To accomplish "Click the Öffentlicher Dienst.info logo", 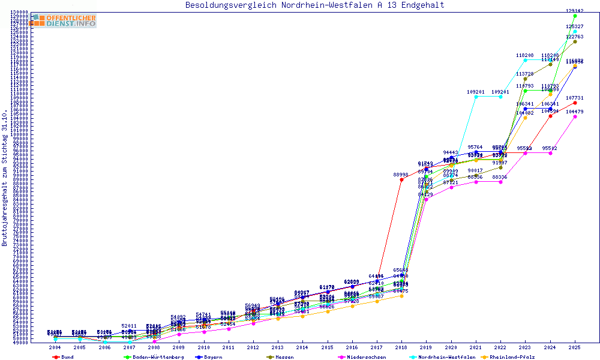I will (63, 21).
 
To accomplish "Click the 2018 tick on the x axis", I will (401, 347).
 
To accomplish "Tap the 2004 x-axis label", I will (55, 347).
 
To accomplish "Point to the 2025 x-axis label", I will (575, 347).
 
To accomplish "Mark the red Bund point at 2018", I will (401, 179).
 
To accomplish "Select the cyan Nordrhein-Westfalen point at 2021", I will (476, 97).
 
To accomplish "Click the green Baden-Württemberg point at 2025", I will (575, 16).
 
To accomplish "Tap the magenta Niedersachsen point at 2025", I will (575, 116).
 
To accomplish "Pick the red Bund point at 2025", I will (575, 103).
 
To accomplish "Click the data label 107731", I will (575, 98).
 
